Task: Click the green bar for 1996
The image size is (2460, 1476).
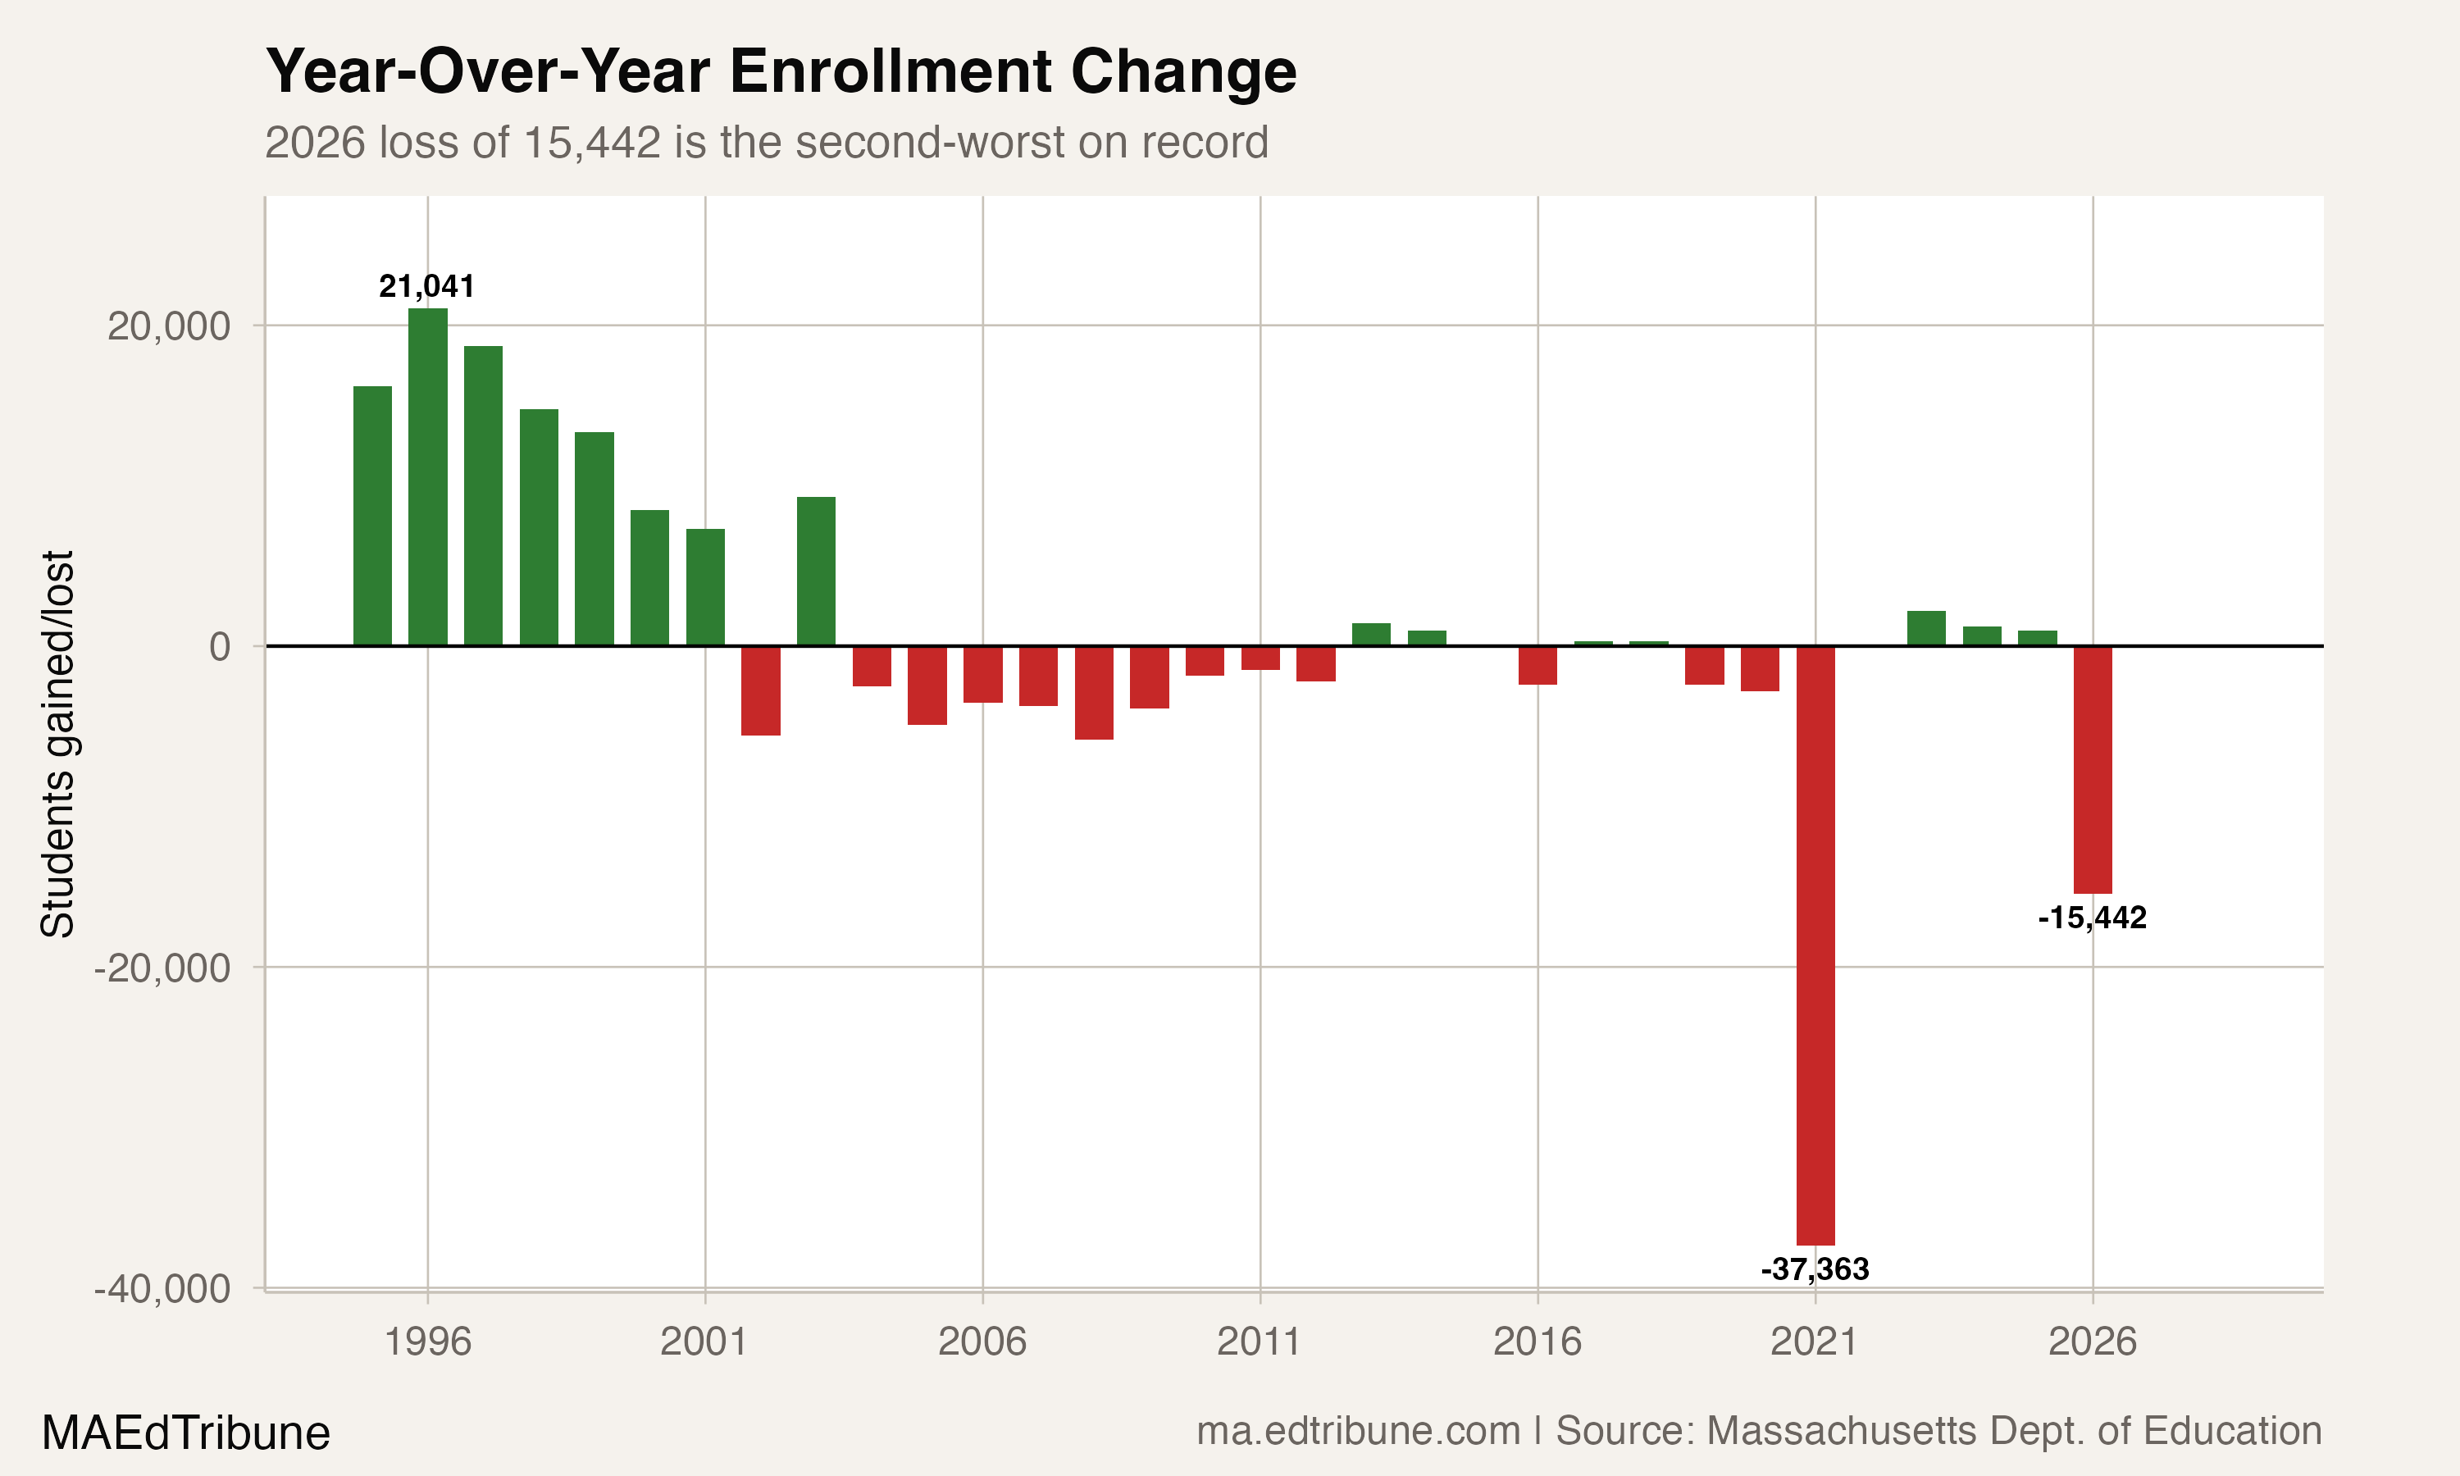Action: [427, 477]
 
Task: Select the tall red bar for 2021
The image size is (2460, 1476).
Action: [1815, 945]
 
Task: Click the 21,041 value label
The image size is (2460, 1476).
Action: [426, 286]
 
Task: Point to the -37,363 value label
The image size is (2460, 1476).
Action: [1815, 1269]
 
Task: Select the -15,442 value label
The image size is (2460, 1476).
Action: [2092, 917]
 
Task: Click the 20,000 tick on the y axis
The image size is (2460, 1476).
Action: [169, 326]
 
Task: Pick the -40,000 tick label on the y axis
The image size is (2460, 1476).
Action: [162, 1289]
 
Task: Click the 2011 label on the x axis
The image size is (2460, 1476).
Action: [1259, 1342]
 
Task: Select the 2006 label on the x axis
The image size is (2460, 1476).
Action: [982, 1342]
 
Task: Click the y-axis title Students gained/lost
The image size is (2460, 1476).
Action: [57, 744]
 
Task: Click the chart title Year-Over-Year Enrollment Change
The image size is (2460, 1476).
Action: [781, 71]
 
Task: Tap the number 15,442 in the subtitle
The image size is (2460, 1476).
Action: [592, 142]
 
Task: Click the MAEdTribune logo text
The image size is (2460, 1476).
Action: [186, 1433]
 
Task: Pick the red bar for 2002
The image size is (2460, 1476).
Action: [761, 690]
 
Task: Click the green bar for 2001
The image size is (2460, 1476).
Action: [705, 587]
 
